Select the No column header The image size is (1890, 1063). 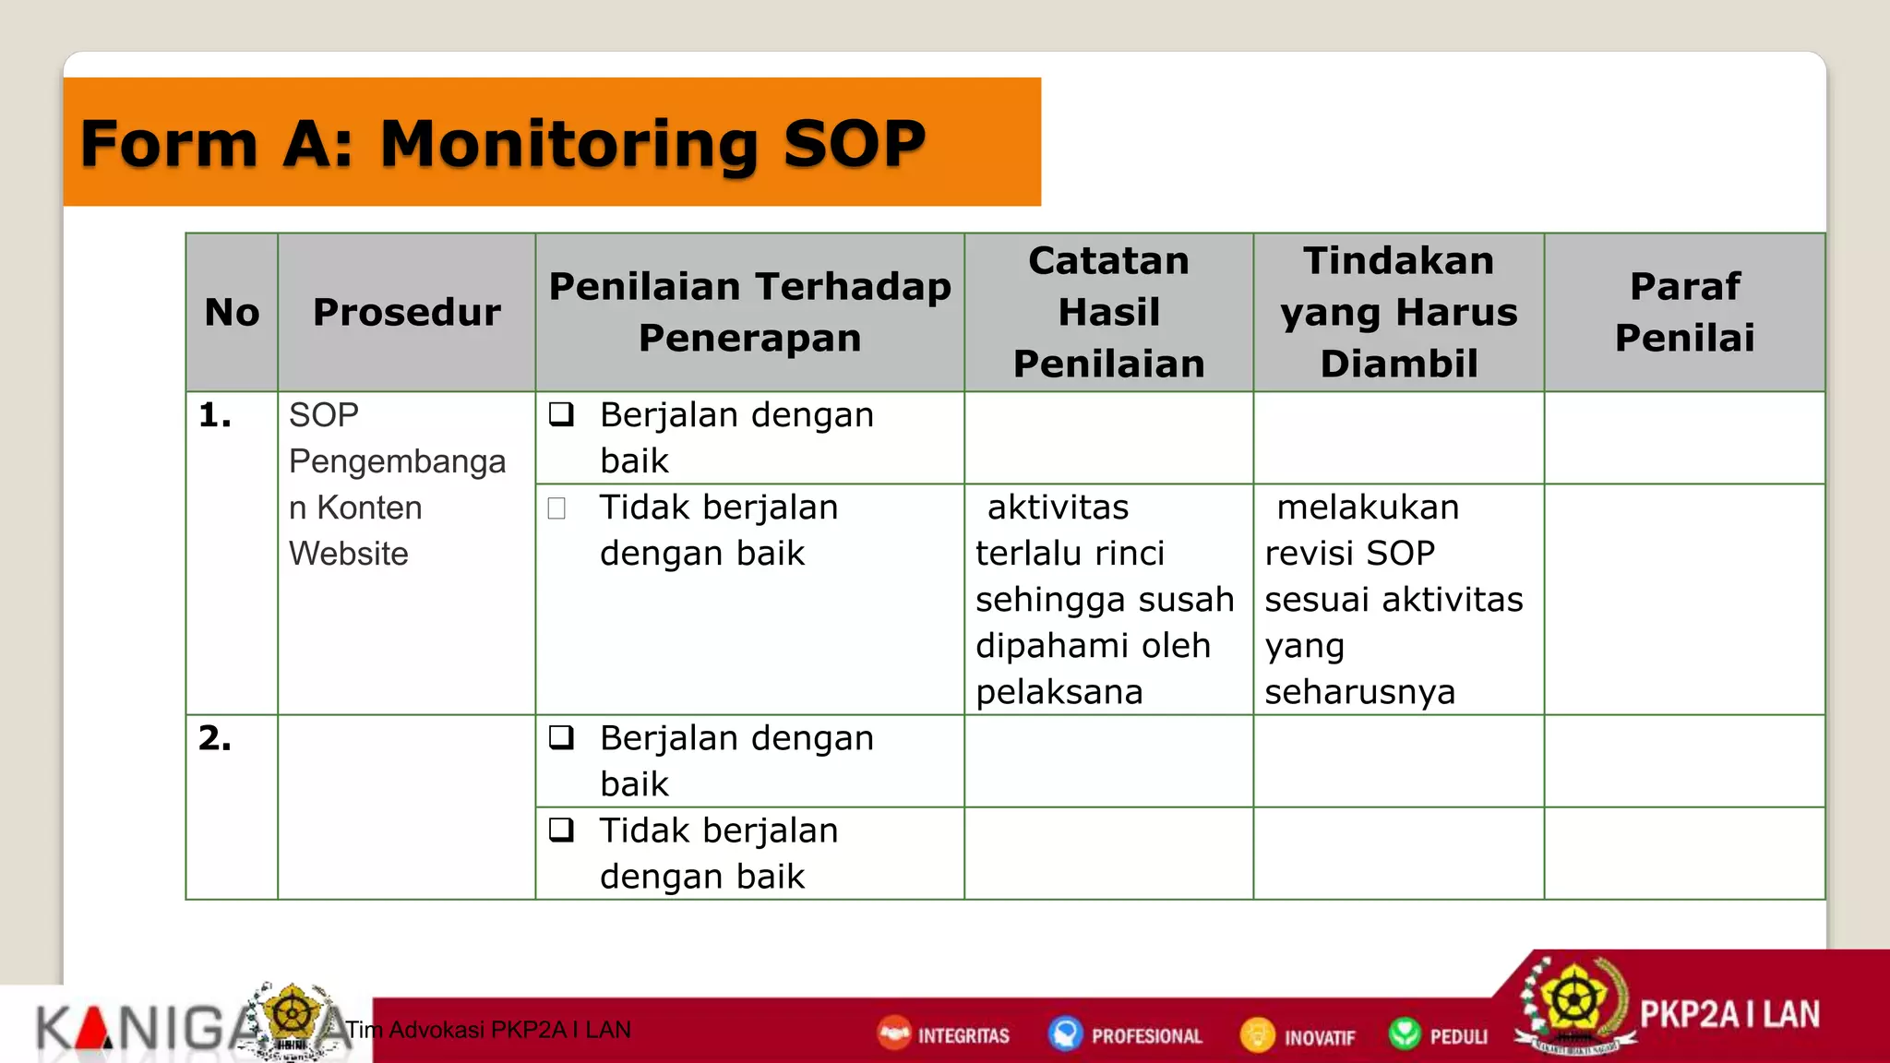pos(232,312)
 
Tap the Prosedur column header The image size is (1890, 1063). pos(406,312)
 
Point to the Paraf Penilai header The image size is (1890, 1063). pos(1684,312)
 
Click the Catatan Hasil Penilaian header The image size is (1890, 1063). pos(1108,312)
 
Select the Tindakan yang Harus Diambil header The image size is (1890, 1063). pos(1398,312)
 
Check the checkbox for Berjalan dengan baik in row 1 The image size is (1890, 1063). pos(561,414)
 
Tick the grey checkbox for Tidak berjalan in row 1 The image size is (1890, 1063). pos(556,508)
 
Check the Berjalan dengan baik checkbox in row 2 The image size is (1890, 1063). pos(561,737)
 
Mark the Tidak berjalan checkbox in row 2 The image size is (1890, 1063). pos(561,830)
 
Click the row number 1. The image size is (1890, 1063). pos(215,415)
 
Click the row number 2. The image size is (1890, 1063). pos(215,738)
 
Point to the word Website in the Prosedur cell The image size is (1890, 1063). pos(348,554)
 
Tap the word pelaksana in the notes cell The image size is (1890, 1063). pos(1059,692)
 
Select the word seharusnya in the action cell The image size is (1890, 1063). pos(1359,692)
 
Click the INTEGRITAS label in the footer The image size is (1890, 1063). pos(963,1036)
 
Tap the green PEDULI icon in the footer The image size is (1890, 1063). pos(1405,1033)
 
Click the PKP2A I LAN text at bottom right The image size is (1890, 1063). pos(1729,1015)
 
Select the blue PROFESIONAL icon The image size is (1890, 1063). pos(1065,1033)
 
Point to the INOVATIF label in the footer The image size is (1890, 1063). pos(1319,1037)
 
